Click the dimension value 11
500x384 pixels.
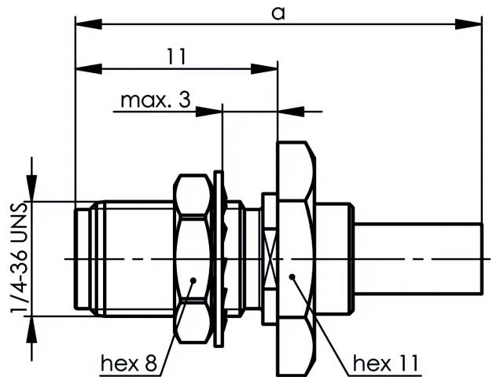(x=176, y=56)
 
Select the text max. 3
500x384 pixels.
(x=155, y=101)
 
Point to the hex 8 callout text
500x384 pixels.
(x=129, y=363)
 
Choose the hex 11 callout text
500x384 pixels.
(x=385, y=363)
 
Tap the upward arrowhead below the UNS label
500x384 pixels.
(x=31, y=325)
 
